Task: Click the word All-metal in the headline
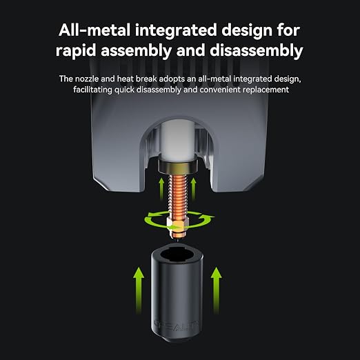(x=94, y=30)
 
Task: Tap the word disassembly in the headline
(x=257, y=50)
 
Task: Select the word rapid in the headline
(x=76, y=51)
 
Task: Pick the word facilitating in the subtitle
(x=92, y=90)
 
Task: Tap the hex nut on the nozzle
(x=178, y=224)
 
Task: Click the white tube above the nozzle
(x=177, y=141)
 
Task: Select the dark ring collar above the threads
(x=178, y=164)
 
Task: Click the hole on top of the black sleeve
(x=177, y=256)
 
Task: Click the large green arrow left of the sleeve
(x=139, y=290)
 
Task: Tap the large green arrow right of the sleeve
(x=217, y=290)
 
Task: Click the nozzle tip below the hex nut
(x=178, y=236)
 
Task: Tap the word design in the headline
(x=247, y=31)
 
